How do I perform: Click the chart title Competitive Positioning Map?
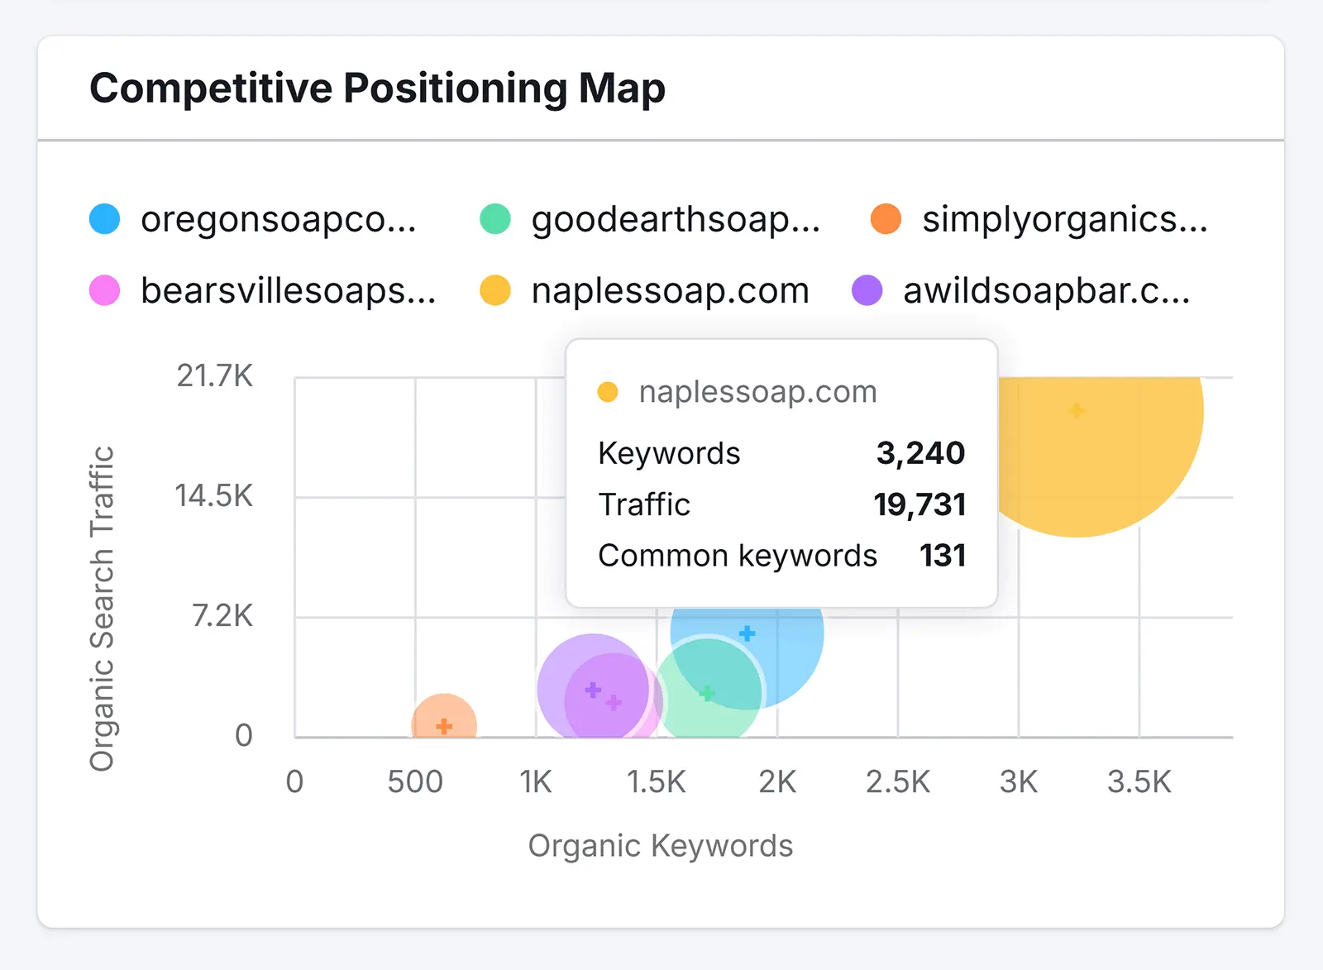(377, 88)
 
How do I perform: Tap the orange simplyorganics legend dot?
(886, 219)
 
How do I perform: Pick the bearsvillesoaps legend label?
(288, 291)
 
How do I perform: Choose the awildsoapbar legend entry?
(1046, 291)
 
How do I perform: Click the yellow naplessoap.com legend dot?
(495, 290)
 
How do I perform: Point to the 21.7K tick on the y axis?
(214, 376)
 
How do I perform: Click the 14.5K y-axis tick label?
(213, 496)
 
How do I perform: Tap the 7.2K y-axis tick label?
(222, 616)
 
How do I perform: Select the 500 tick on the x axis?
(415, 781)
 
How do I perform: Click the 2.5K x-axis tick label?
(897, 781)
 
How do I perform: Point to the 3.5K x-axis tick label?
(1139, 781)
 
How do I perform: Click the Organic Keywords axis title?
(660, 846)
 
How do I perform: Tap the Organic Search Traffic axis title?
(103, 609)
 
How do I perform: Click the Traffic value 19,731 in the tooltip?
(919, 504)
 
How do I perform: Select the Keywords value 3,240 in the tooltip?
(920, 453)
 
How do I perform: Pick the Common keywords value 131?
(943, 556)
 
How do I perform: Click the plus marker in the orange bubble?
(444, 726)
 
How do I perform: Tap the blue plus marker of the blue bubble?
(747, 633)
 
